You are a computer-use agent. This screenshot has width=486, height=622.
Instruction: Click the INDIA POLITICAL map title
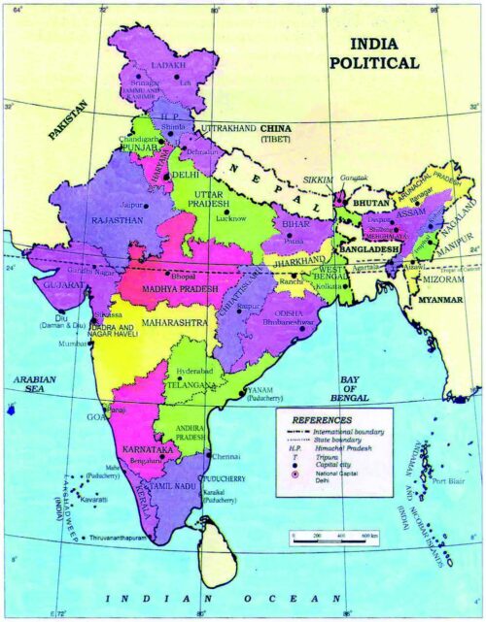(x=387, y=54)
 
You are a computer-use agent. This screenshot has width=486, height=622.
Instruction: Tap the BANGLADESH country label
(x=369, y=249)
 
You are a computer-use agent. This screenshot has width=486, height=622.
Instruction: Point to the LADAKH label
(x=168, y=66)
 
